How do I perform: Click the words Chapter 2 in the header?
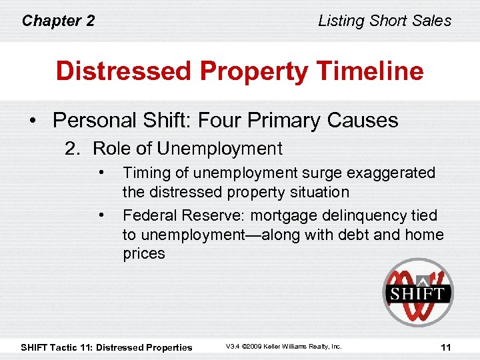pyautogui.click(x=58, y=21)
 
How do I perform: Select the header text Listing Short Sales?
pyautogui.click(x=385, y=21)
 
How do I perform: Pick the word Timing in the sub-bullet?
pyautogui.click(x=143, y=173)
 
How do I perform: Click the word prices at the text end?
pyautogui.click(x=144, y=253)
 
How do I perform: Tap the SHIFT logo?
pyautogui.click(x=417, y=293)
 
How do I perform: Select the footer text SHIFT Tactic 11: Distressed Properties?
pyautogui.click(x=107, y=347)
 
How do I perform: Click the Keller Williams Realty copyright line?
pyautogui.click(x=283, y=347)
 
